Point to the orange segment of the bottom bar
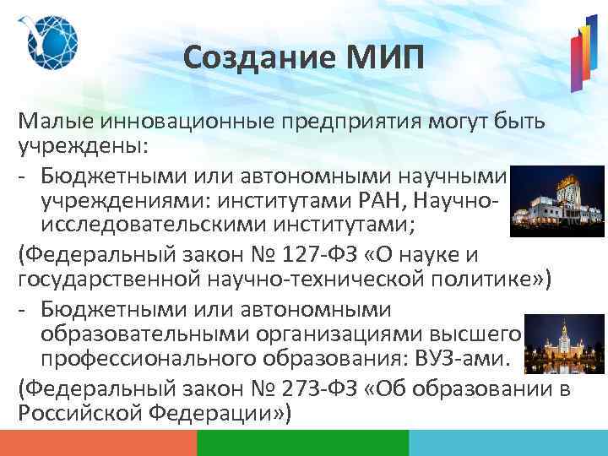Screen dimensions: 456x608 point(98,442)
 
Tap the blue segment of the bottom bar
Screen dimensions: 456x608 point(508,442)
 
